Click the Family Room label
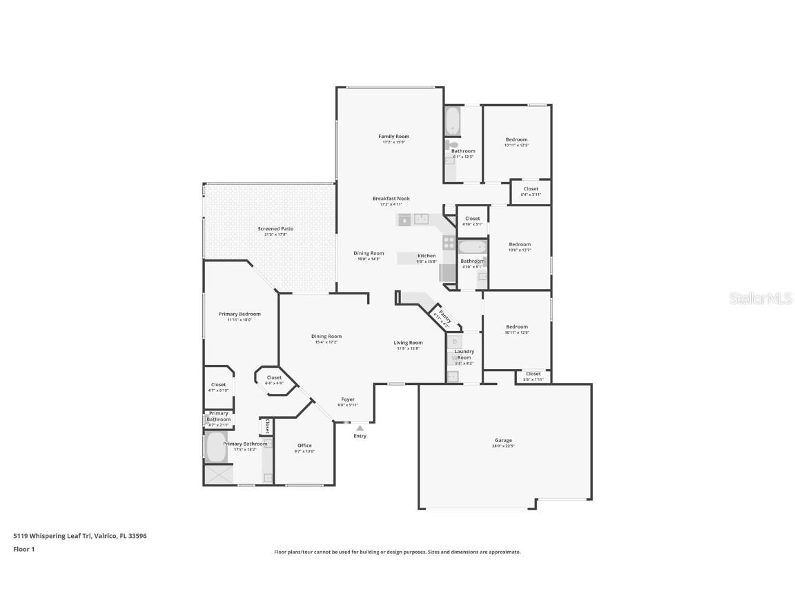pos(393,137)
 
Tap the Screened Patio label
pos(275,229)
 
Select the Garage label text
pos(503,440)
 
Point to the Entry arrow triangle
pos(360,428)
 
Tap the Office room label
pos(304,446)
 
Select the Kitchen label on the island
pos(426,256)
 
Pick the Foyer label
pos(347,399)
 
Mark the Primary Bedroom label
pos(239,314)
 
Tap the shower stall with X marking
pos(218,475)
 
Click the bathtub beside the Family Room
pos(453,121)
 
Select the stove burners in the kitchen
pos(449,243)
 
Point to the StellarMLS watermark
pos(760,298)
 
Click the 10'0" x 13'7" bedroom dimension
pos(520,250)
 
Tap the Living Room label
pos(408,343)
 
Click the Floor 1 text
pos(23,549)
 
